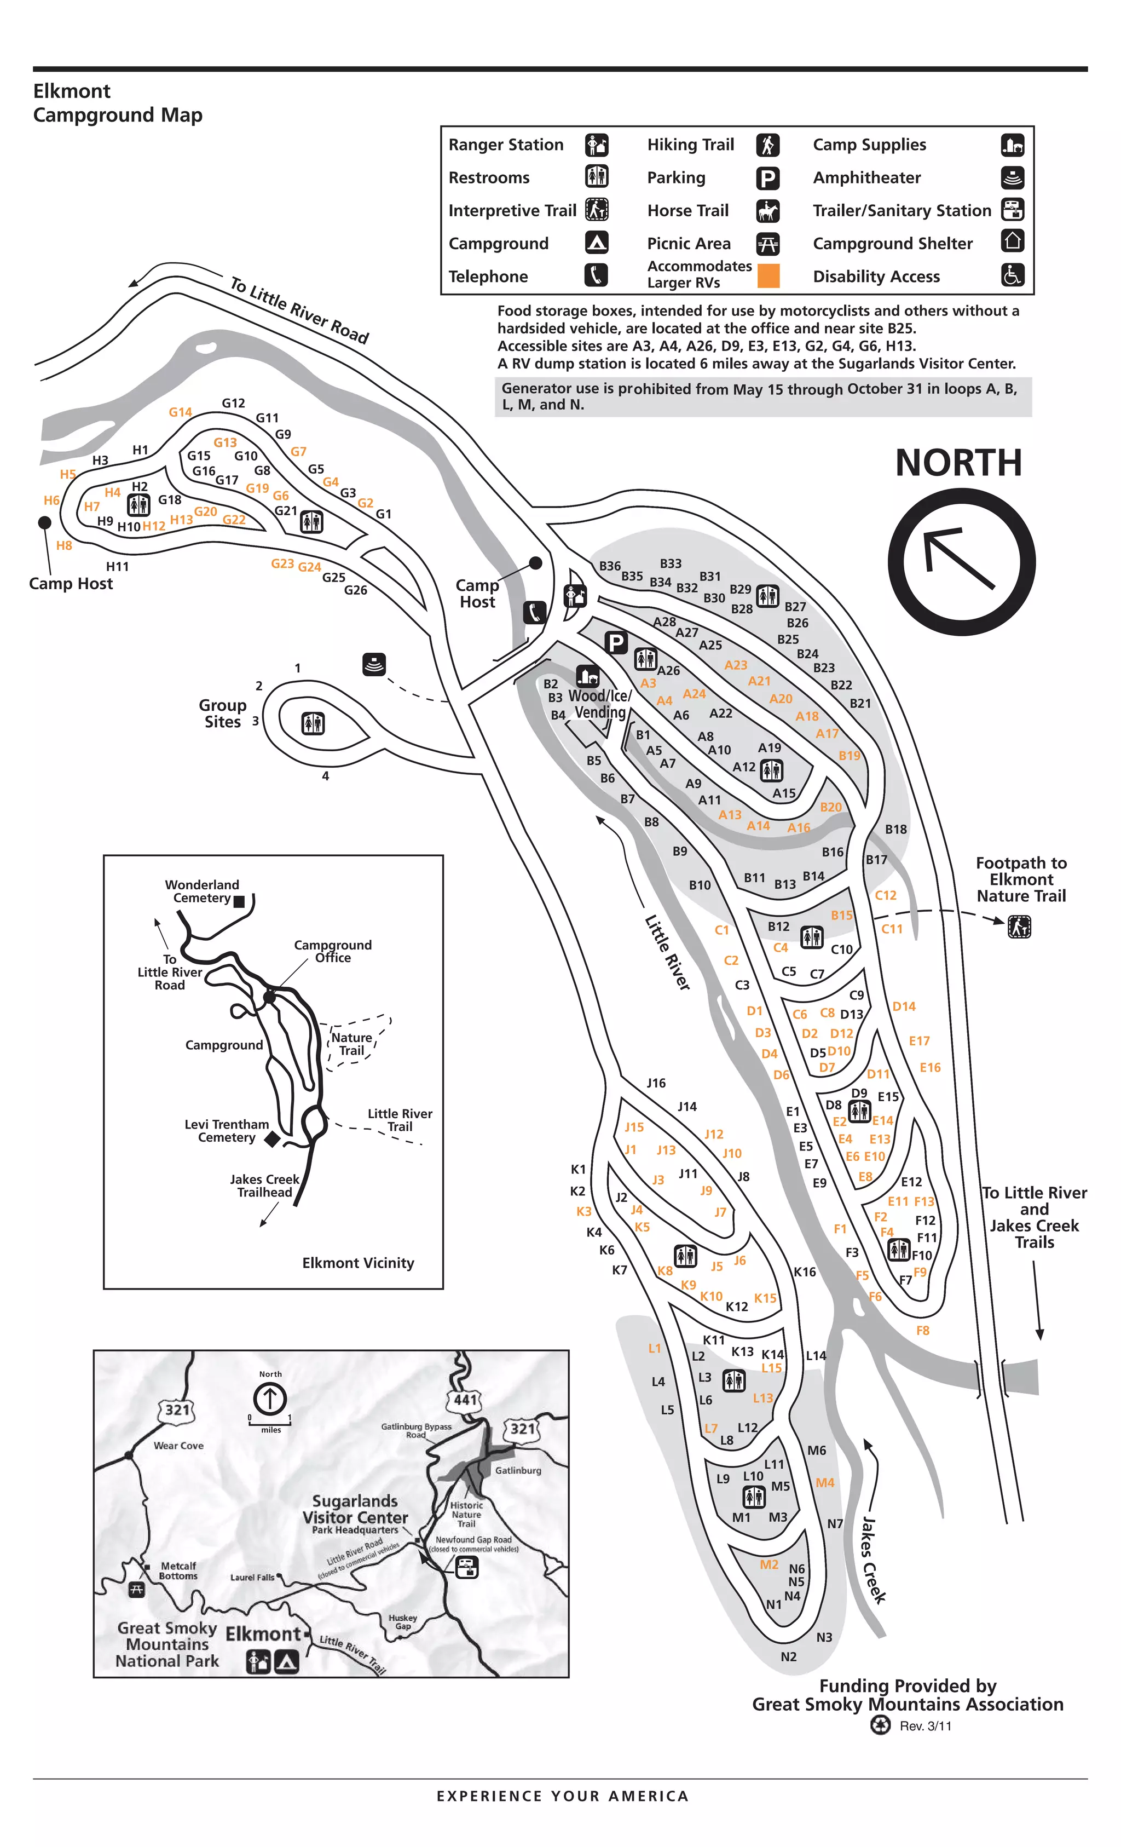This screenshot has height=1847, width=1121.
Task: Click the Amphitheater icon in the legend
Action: (x=1012, y=177)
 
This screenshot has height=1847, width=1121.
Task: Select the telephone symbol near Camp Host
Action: (x=534, y=612)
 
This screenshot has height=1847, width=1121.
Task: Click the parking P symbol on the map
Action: (x=616, y=642)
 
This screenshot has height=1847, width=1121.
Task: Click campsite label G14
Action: (x=180, y=412)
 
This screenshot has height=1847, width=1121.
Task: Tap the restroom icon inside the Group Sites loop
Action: (x=313, y=723)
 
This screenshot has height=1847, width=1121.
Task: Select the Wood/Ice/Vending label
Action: (x=599, y=704)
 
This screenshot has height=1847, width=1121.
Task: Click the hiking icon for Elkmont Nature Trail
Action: (x=1018, y=927)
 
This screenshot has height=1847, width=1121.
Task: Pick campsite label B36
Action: (x=609, y=566)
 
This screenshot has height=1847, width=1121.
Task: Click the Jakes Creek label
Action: (x=873, y=1559)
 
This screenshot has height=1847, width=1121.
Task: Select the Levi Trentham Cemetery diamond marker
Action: (x=272, y=1140)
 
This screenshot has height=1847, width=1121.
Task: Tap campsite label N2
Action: (x=788, y=1656)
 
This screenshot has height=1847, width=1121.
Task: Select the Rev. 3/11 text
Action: (x=926, y=1725)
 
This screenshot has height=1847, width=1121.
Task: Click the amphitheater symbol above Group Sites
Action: (x=374, y=664)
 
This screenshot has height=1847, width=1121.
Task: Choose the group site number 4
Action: (x=325, y=776)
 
